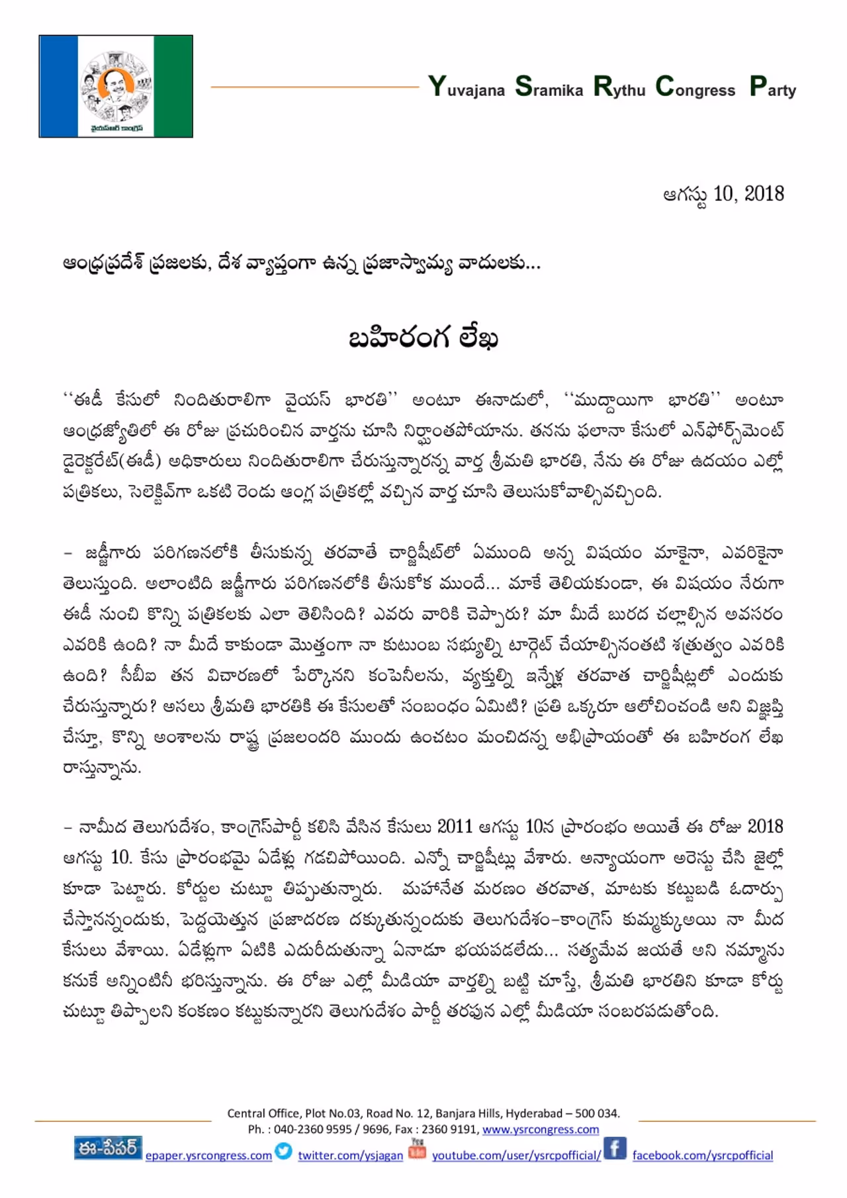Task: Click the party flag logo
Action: tap(116, 86)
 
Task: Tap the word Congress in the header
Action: tap(695, 87)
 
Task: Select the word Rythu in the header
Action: tap(619, 87)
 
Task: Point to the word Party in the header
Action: tap(773, 87)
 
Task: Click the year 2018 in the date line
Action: tap(764, 194)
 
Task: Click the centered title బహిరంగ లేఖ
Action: tap(423, 338)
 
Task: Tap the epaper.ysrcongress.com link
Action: tap(208, 1156)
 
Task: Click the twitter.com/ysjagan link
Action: tap(350, 1156)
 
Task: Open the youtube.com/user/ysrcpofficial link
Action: tap(516, 1156)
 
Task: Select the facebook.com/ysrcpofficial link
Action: tap(702, 1156)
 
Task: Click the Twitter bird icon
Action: tap(284, 1151)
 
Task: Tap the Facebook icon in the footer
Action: tap(615, 1148)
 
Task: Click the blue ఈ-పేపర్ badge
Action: tap(108, 1148)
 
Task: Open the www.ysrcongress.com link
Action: tap(540, 1130)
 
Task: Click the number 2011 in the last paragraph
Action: tap(455, 827)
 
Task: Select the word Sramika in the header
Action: tap(549, 87)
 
